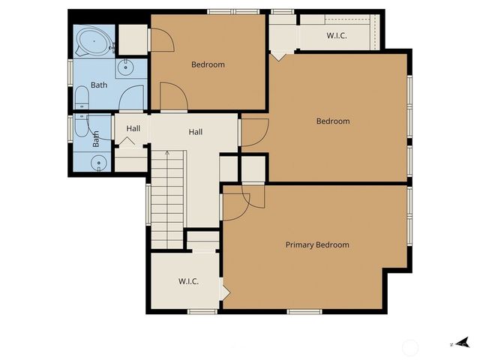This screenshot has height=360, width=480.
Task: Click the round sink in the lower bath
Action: [x=97, y=163]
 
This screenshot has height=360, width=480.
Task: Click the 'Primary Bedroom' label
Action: [x=317, y=245]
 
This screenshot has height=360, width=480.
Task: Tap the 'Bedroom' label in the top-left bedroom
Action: [x=208, y=64]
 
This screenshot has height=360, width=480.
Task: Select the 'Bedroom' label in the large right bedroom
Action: [x=333, y=121]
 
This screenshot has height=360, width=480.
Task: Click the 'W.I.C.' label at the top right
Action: [x=336, y=35]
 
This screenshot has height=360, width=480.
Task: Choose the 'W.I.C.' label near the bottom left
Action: [x=188, y=281]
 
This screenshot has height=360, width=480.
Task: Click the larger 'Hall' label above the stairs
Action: [x=196, y=132]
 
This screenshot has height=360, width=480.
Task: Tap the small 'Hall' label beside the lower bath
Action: [x=133, y=128]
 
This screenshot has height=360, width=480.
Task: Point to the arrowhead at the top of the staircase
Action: [x=168, y=153]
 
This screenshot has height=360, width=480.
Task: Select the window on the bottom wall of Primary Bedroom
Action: [x=304, y=311]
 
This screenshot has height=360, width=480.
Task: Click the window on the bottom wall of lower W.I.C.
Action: [x=202, y=311]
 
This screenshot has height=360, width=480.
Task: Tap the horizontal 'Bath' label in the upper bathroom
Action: [x=99, y=85]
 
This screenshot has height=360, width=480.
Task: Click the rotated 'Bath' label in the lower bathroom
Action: [x=96, y=139]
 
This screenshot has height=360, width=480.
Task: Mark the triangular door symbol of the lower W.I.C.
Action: [x=222, y=289]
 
